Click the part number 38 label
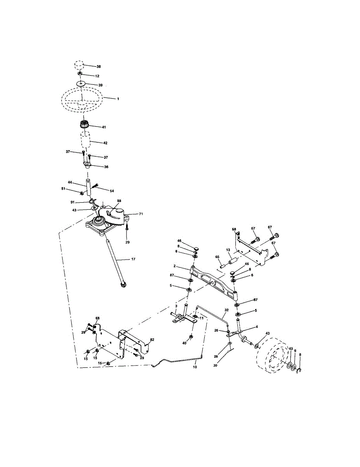(98, 67)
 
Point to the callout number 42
(105, 143)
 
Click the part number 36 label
(106, 167)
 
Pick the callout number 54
(112, 191)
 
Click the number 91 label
(73, 202)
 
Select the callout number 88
(119, 201)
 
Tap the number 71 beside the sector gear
(141, 214)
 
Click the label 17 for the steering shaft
(133, 259)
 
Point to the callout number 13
(228, 250)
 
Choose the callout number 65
(217, 257)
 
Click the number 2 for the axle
(174, 266)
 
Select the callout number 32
(227, 310)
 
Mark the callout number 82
(152, 340)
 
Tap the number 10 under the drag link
(195, 367)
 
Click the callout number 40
(184, 343)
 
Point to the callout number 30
(215, 365)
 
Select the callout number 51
(63, 189)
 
